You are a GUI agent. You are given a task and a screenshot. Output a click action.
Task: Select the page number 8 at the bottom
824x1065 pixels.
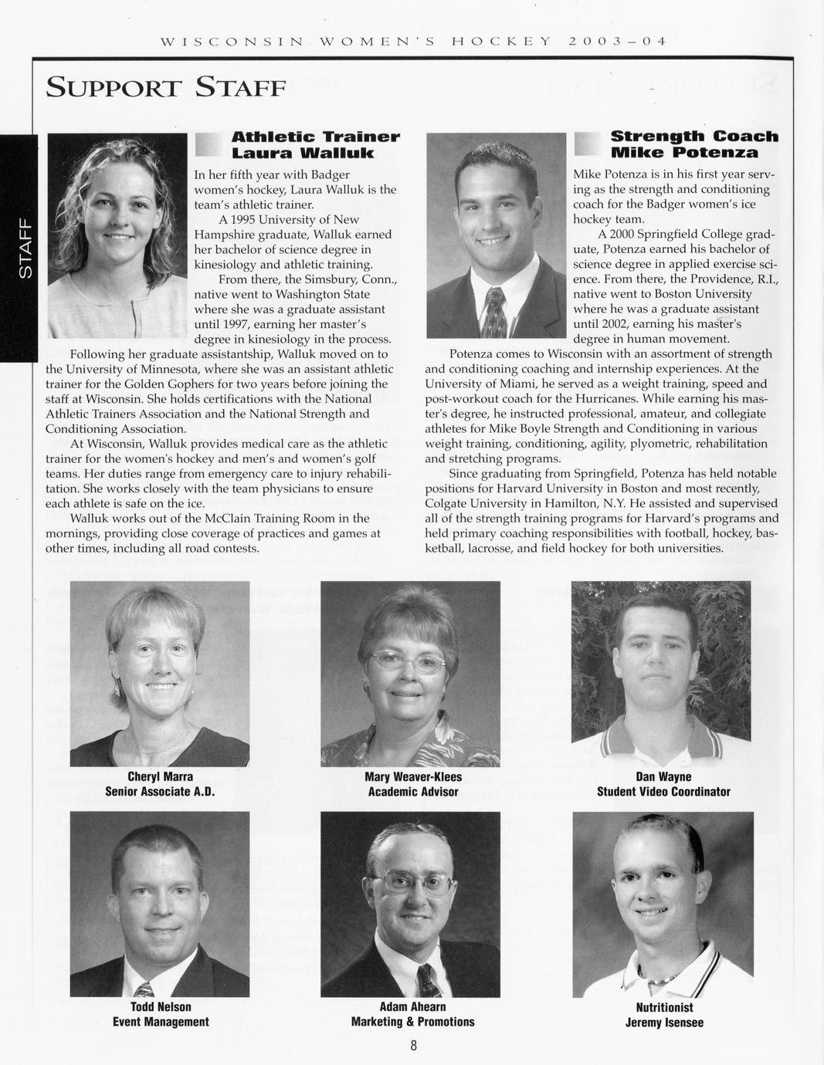coord(413,1046)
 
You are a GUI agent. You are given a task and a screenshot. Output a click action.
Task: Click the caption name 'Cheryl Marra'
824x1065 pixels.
coord(160,776)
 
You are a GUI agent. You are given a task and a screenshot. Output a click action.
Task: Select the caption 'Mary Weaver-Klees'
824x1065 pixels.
coord(412,776)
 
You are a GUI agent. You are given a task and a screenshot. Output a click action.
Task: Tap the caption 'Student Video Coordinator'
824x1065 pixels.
coord(663,791)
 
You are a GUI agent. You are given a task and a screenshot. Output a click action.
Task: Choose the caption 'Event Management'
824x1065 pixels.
coord(161,1021)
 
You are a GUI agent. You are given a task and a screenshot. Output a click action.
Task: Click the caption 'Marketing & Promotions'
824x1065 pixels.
coord(412,1021)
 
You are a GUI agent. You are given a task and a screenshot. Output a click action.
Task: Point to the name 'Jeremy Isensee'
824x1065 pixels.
coord(664,1023)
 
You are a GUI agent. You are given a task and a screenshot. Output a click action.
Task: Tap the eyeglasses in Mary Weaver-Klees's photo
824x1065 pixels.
coord(408,660)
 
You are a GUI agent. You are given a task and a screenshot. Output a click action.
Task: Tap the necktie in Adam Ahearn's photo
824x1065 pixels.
coord(426,979)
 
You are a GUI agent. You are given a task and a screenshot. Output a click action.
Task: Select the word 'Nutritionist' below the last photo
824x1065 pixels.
coord(664,1007)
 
